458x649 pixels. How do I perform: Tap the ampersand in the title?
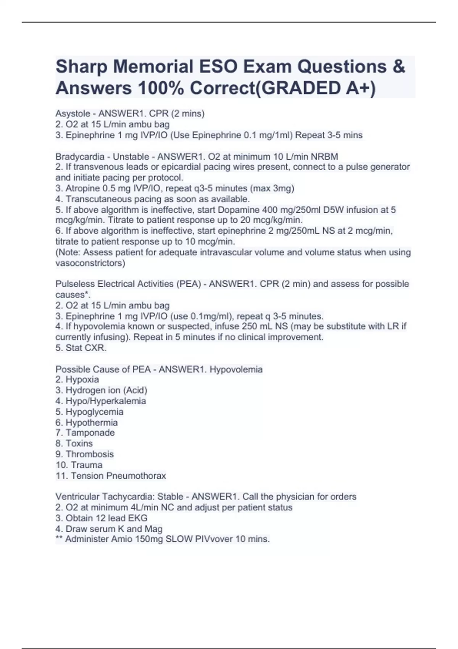(x=398, y=67)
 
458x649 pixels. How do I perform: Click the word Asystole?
(x=73, y=114)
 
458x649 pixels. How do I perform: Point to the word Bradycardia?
(x=80, y=157)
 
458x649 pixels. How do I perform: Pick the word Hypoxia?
(x=82, y=379)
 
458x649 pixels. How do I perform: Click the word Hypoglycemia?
(x=94, y=412)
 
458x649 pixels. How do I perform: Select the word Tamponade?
(x=90, y=433)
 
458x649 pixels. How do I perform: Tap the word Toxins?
(x=79, y=443)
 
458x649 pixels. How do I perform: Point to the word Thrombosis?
(x=90, y=454)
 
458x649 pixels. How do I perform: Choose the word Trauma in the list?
(x=87, y=465)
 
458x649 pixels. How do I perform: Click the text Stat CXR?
(x=86, y=348)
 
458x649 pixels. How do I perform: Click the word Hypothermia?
(x=92, y=422)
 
